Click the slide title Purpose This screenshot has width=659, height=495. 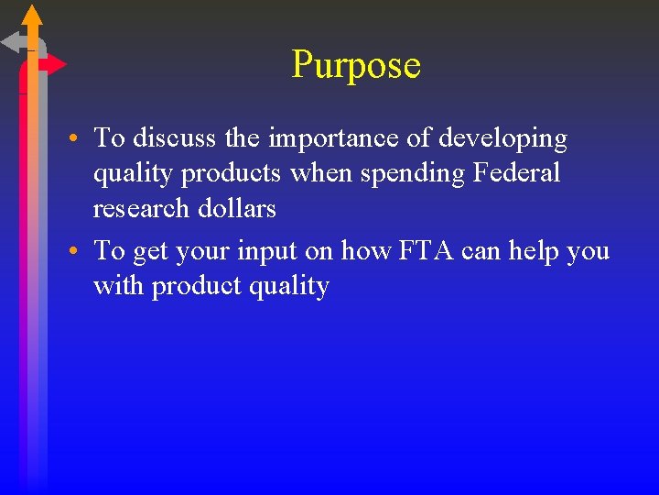point(356,65)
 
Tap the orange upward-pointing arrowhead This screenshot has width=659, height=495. point(32,14)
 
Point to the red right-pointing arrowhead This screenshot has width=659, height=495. point(54,64)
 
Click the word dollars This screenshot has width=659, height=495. point(239,208)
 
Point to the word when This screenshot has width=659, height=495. point(318,173)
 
